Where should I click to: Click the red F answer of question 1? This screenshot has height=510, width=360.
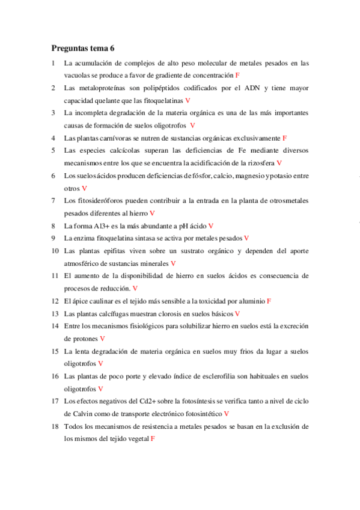coord(237,75)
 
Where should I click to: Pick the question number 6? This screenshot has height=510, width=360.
coord(54,176)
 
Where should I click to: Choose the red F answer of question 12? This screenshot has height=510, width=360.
coord(269,301)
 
